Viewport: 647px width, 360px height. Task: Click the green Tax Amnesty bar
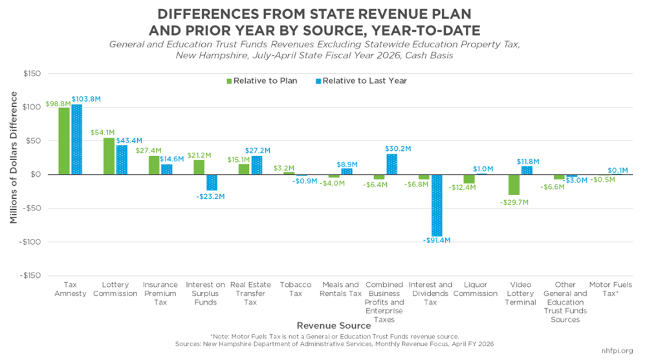tap(64, 141)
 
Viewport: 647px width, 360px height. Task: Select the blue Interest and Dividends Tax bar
tap(437, 205)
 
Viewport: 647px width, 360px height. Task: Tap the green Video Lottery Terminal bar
tap(514, 185)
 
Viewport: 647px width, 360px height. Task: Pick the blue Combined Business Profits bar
tap(392, 164)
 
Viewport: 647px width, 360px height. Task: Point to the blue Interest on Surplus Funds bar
tap(212, 183)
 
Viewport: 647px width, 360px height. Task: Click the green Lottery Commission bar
tap(109, 156)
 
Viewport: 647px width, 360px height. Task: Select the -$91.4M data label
tap(437, 240)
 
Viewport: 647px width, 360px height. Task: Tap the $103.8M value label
tap(86, 99)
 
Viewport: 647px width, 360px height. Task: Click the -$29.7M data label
tap(514, 202)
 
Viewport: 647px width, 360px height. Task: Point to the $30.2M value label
tap(398, 149)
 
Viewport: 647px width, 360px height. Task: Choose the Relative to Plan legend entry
tap(262, 81)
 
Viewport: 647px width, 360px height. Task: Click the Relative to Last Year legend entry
tap(362, 81)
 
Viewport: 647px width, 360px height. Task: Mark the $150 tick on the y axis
tap(32, 73)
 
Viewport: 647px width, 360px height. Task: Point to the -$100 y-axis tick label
tap(30, 242)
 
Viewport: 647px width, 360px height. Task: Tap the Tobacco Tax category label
tap(296, 289)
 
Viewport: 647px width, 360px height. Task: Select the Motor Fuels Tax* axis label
tap(610, 289)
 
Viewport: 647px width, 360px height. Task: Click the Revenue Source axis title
tap(334, 326)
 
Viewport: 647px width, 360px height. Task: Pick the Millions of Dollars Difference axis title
tap(14, 158)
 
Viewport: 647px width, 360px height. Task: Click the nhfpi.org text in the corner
tap(617, 350)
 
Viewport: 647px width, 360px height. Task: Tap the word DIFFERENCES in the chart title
tap(209, 14)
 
